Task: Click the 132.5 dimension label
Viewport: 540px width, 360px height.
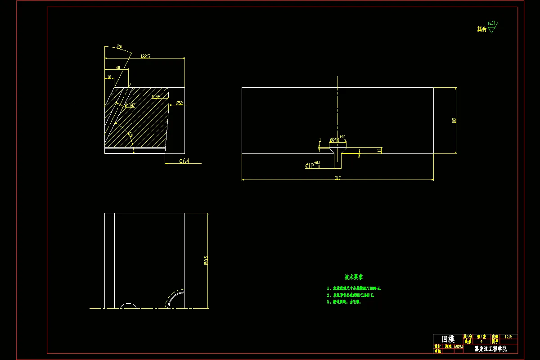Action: coord(145,56)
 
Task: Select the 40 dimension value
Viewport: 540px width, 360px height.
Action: coord(118,67)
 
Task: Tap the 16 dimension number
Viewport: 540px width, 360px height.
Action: coord(109,77)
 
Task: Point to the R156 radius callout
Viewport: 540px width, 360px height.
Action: coord(156,97)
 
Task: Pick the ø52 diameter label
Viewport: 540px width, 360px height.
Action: coord(179,103)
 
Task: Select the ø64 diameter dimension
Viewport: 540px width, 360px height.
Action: coord(184,161)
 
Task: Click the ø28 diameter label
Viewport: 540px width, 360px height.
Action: coord(334,140)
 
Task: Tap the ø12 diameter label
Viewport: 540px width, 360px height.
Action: coord(310,166)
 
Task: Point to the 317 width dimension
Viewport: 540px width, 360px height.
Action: coord(337,178)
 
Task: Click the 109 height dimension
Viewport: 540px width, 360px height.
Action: coord(454,120)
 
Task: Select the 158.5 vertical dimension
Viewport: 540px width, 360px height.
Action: coord(206,261)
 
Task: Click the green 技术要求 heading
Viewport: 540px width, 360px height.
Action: coord(354,277)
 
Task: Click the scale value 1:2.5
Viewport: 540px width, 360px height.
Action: coord(508,337)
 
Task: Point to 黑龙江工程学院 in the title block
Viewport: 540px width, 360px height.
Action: coord(490,349)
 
